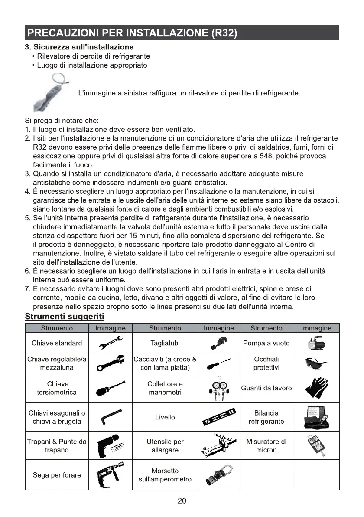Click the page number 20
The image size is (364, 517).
182,501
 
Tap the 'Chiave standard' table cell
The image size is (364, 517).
57,343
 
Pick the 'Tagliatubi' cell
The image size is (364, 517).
165,343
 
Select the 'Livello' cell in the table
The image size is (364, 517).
165,417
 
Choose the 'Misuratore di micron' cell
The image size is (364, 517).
266,446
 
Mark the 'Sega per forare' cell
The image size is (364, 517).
57,475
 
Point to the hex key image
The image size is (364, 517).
110,417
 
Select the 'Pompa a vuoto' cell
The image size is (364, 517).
266,343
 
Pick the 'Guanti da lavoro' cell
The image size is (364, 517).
266,388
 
